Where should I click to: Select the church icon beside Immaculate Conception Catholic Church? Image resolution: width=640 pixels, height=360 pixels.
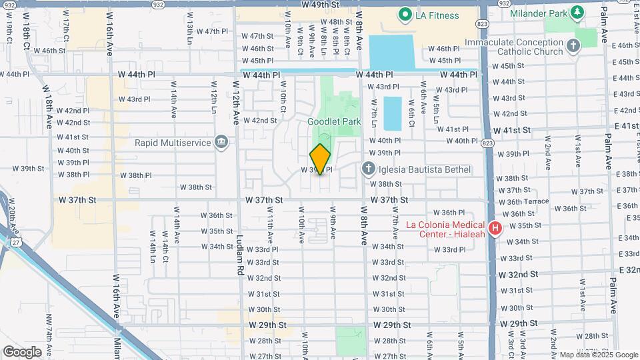(573, 45)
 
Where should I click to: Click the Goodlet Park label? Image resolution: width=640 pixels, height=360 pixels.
(333, 121)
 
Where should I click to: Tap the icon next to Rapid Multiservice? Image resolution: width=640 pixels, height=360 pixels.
(221, 142)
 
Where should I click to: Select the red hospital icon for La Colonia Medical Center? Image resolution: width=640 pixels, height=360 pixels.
(495, 229)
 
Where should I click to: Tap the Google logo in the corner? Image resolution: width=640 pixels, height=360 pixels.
(22, 352)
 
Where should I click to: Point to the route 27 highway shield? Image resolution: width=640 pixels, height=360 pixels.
(15, 243)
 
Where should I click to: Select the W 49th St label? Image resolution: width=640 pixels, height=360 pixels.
(321, 5)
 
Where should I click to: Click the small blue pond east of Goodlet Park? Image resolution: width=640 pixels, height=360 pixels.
(393, 113)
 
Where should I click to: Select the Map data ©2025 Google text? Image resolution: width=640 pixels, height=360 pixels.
(598, 355)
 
